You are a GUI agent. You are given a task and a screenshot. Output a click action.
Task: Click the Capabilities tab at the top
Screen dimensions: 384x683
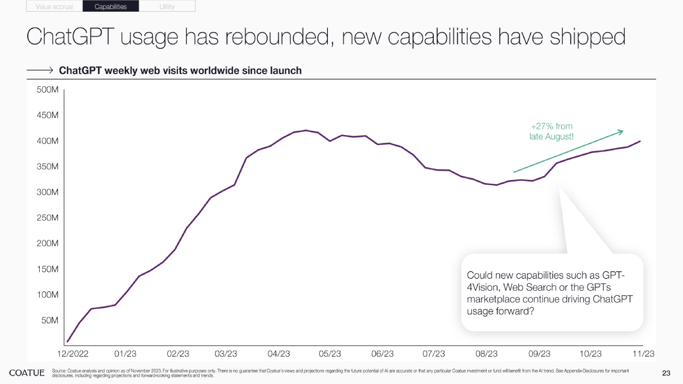[111, 7]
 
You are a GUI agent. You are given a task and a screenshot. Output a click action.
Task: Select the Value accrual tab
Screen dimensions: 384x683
[55, 7]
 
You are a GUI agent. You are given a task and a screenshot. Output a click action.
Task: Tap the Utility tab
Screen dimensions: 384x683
[167, 7]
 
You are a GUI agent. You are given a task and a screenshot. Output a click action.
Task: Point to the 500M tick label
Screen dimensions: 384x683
[48, 90]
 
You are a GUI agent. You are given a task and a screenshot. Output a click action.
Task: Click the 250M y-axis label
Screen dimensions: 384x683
[48, 218]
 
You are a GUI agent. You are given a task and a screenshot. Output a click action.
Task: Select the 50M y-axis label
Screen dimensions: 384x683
[50, 321]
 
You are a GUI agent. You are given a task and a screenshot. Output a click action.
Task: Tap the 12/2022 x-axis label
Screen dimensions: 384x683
[73, 354]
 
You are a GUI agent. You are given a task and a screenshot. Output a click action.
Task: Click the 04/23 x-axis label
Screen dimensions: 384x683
[279, 354]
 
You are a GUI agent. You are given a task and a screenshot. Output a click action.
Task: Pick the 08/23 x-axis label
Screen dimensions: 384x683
[486, 354]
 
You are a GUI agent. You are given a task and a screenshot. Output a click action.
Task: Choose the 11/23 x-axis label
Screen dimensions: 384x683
[643, 354]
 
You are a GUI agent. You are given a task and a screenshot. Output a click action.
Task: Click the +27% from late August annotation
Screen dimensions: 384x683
[551, 132]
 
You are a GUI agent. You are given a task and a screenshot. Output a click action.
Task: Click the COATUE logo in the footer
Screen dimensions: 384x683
[27, 373]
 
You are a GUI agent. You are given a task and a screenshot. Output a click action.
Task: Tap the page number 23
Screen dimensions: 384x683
[666, 373]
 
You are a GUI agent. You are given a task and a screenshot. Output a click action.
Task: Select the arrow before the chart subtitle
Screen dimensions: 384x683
[40, 70]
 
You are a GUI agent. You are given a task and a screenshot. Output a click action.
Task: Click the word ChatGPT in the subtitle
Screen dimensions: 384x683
[80, 71]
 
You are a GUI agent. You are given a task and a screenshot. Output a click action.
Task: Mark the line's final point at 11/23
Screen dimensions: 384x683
[640, 141]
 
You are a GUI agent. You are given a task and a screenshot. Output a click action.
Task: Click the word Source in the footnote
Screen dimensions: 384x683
[59, 371]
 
